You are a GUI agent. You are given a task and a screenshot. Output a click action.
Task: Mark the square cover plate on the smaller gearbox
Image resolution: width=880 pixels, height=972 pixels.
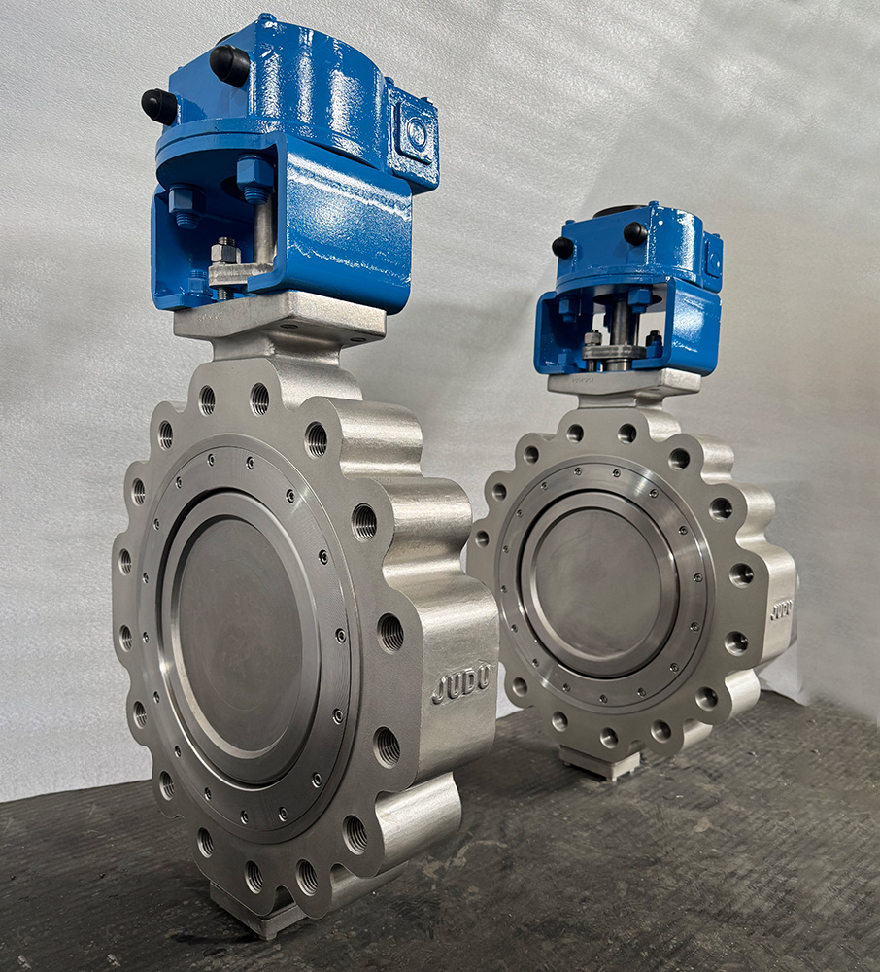tap(713, 255)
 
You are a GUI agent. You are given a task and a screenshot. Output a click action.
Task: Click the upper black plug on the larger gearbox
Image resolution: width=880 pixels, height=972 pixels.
tap(229, 65)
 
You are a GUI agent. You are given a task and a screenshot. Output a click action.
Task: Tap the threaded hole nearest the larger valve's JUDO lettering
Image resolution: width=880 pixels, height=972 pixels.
tap(390, 633)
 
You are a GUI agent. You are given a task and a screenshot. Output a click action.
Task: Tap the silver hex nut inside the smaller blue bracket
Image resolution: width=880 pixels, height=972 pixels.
tap(592, 338)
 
